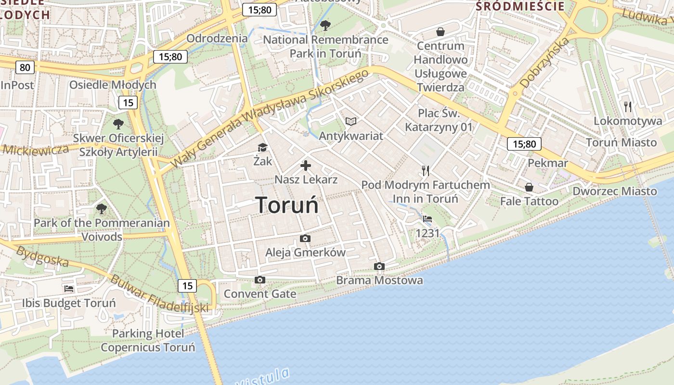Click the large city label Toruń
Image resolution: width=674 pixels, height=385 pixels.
pos(287,205)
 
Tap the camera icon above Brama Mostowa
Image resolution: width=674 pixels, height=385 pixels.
pos(379,267)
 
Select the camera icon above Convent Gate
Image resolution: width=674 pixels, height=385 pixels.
pos(260,280)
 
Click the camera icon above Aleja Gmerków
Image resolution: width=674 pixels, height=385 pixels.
pos(305,239)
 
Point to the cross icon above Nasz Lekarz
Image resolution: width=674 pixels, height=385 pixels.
pos(306,166)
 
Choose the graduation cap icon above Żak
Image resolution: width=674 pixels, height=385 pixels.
pos(262,148)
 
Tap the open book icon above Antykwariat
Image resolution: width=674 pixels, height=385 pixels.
pos(351,122)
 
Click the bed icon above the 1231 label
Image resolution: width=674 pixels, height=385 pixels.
pos(427,219)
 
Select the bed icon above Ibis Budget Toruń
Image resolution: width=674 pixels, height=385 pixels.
pos(69,289)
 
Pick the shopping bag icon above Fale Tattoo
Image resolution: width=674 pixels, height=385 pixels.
pos(529,187)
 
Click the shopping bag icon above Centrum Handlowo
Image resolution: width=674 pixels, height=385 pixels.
pos(440,32)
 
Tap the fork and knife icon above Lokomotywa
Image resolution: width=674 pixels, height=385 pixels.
pos(627,106)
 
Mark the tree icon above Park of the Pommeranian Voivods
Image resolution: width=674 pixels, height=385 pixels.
pos(101,209)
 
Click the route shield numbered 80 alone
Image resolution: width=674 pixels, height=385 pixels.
pos(25,67)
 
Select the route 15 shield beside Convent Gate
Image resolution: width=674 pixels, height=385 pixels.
pos(187,286)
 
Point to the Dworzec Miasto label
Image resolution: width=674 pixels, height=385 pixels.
pos(614,191)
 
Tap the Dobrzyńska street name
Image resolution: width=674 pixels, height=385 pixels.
pos(545,63)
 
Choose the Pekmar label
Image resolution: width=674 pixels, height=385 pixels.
pos(548,163)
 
